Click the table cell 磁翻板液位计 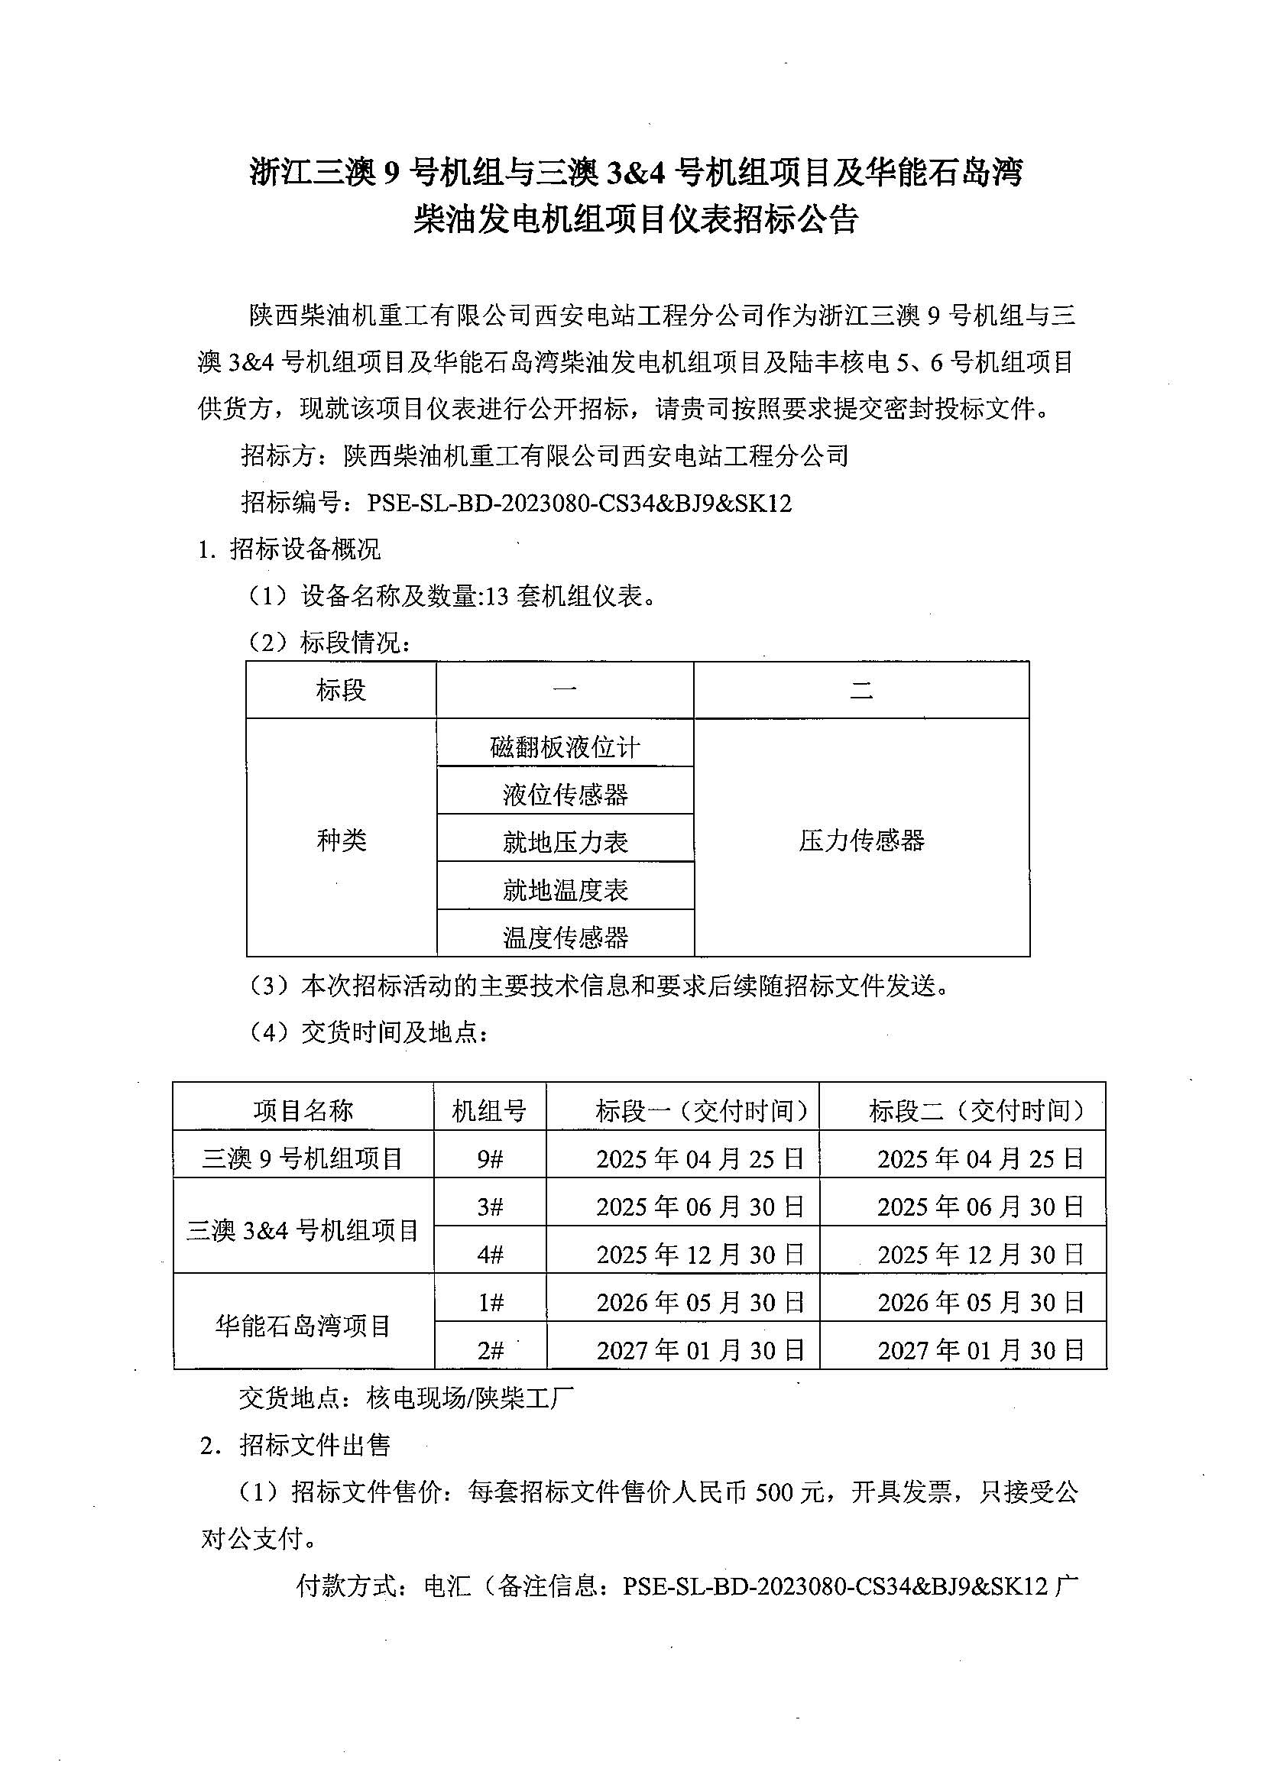[x=565, y=747]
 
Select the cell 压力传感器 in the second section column [x=861, y=841]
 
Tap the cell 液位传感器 [x=565, y=795]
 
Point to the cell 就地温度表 [x=565, y=889]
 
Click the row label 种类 [x=341, y=840]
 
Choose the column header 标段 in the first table [x=341, y=690]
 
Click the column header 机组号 [x=489, y=1110]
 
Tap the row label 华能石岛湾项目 [x=303, y=1325]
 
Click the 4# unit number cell [x=490, y=1254]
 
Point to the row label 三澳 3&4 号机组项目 [x=303, y=1229]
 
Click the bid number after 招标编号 [x=579, y=504]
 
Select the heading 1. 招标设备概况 [x=290, y=550]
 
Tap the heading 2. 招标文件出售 [x=295, y=1446]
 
